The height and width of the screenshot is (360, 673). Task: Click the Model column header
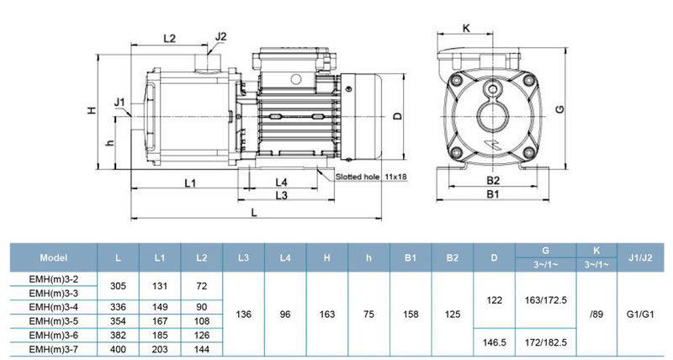(52, 257)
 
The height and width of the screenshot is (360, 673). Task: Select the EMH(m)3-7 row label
(52, 347)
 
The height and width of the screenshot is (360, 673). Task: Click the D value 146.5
(495, 341)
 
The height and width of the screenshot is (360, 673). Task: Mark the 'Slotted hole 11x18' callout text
(371, 177)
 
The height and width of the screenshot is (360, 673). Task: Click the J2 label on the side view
(221, 36)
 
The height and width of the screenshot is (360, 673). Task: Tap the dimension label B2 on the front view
(494, 182)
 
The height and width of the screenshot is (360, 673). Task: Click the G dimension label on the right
(558, 109)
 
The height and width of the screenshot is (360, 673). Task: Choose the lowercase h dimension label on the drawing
(109, 143)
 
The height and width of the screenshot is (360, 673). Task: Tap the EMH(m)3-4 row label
(52, 306)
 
